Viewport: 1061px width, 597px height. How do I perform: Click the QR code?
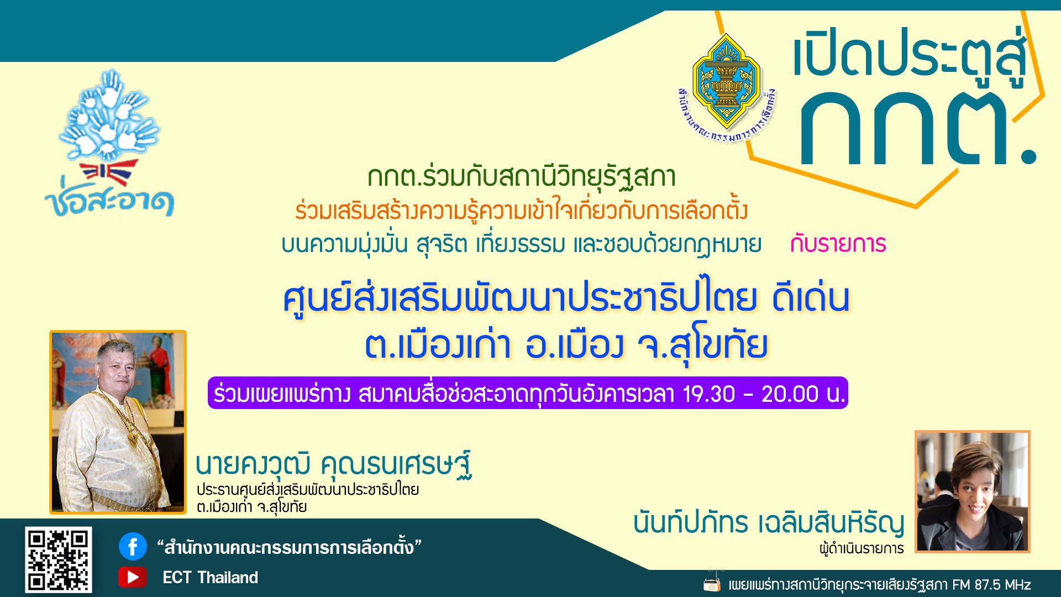(x=58, y=559)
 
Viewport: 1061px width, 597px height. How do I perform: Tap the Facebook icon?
(x=133, y=547)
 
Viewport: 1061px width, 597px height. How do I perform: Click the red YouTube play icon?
(x=133, y=577)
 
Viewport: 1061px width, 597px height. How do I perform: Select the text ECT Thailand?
(x=210, y=578)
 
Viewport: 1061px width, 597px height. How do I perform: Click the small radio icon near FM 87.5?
(x=712, y=583)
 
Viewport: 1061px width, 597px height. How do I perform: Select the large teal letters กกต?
(x=917, y=128)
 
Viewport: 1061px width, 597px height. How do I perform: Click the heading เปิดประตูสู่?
(x=910, y=56)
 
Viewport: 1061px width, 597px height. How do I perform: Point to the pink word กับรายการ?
(x=838, y=244)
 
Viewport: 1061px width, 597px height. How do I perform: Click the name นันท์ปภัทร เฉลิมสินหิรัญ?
(x=769, y=522)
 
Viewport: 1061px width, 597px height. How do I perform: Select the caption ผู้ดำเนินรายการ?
(x=862, y=548)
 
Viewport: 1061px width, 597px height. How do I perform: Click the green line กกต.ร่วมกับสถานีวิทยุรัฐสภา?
(x=522, y=177)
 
